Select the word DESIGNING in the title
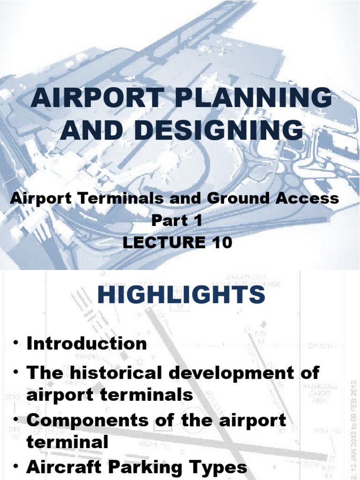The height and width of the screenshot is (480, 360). pos(214,130)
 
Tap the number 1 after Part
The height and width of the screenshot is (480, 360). pos(197,220)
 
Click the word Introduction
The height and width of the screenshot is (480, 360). pos(87,344)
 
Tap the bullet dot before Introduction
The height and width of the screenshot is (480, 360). pos(17,344)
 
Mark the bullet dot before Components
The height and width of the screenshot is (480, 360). pos(17,419)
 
